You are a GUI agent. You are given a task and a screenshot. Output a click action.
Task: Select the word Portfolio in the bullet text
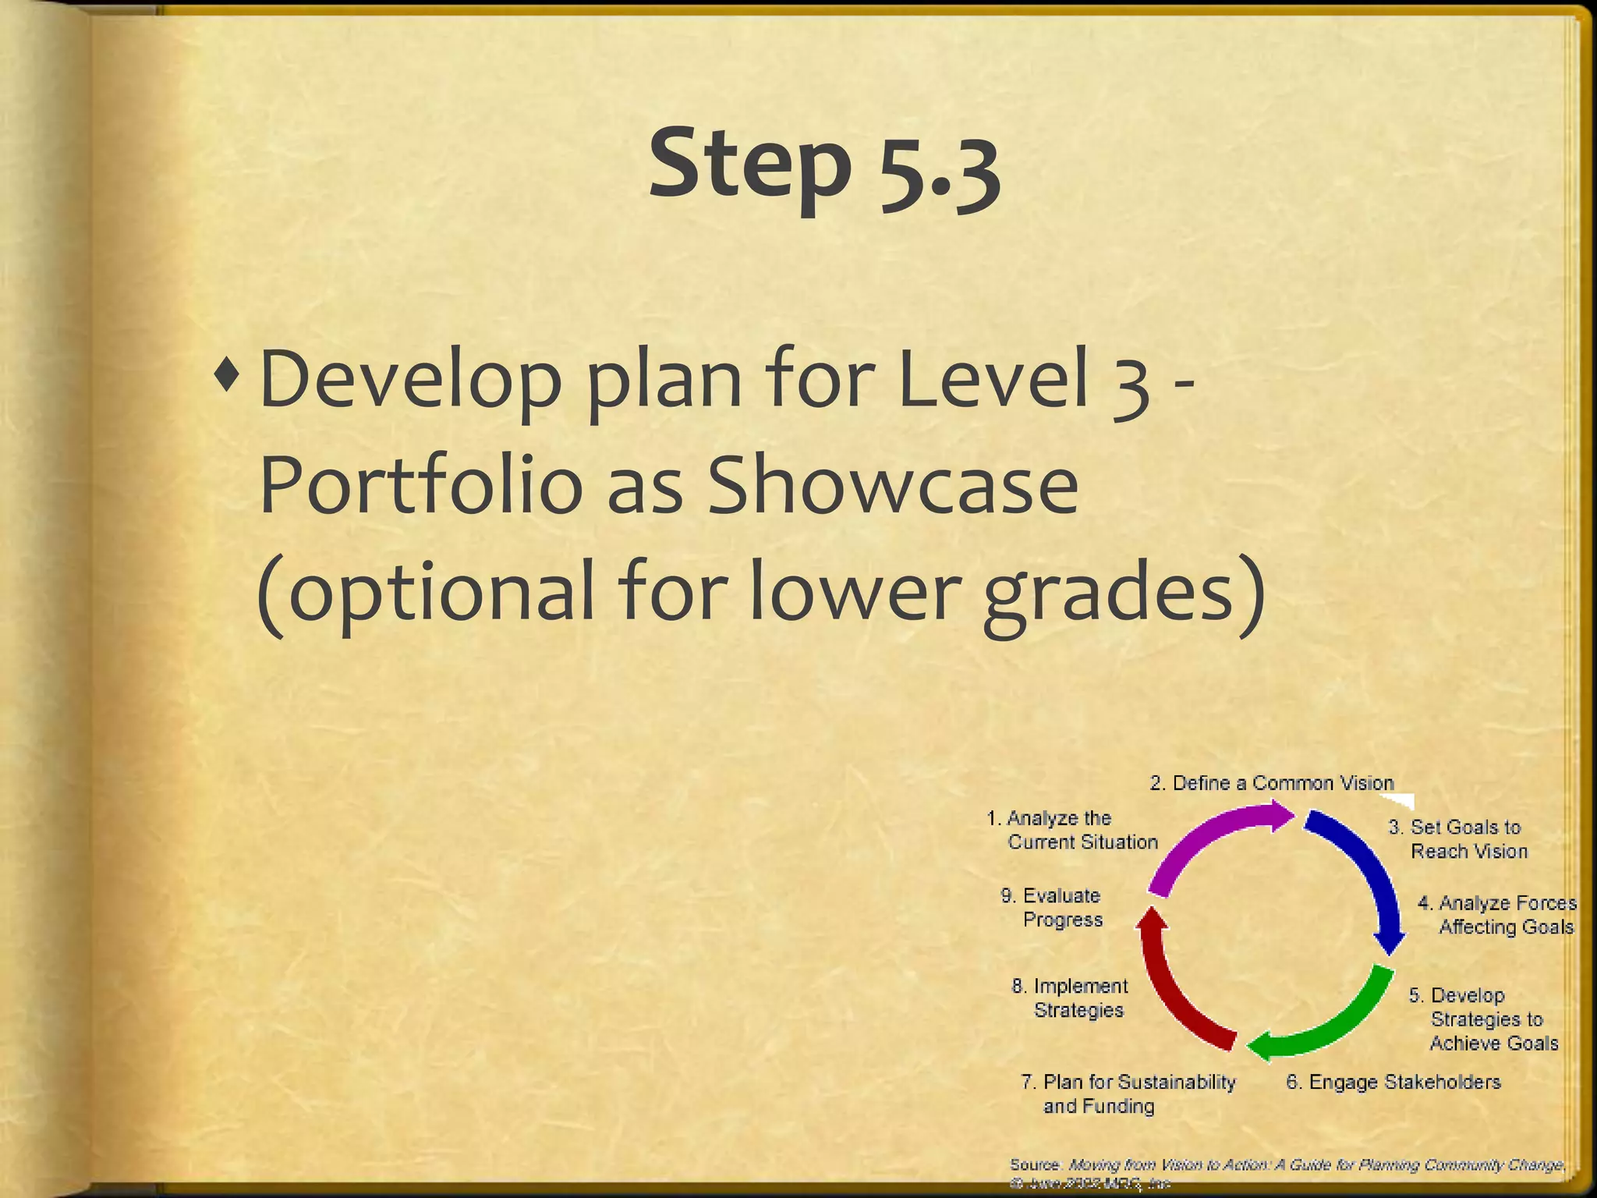[x=420, y=487]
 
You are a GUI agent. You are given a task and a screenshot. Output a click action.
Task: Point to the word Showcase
[x=894, y=487]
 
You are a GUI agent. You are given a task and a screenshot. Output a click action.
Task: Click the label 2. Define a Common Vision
[x=1271, y=783]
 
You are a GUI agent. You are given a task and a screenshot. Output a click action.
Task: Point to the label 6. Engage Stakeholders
[x=1393, y=1082]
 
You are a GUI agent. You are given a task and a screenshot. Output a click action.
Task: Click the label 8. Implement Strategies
[x=1069, y=998]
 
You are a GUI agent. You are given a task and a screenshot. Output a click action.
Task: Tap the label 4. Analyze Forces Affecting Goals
[x=1497, y=915]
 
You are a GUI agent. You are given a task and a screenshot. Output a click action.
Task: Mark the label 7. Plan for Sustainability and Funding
[x=1128, y=1093]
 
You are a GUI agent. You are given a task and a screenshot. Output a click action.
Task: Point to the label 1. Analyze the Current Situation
[x=1072, y=830]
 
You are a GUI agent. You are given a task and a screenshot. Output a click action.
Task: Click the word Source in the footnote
[x=1034, y=1164]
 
